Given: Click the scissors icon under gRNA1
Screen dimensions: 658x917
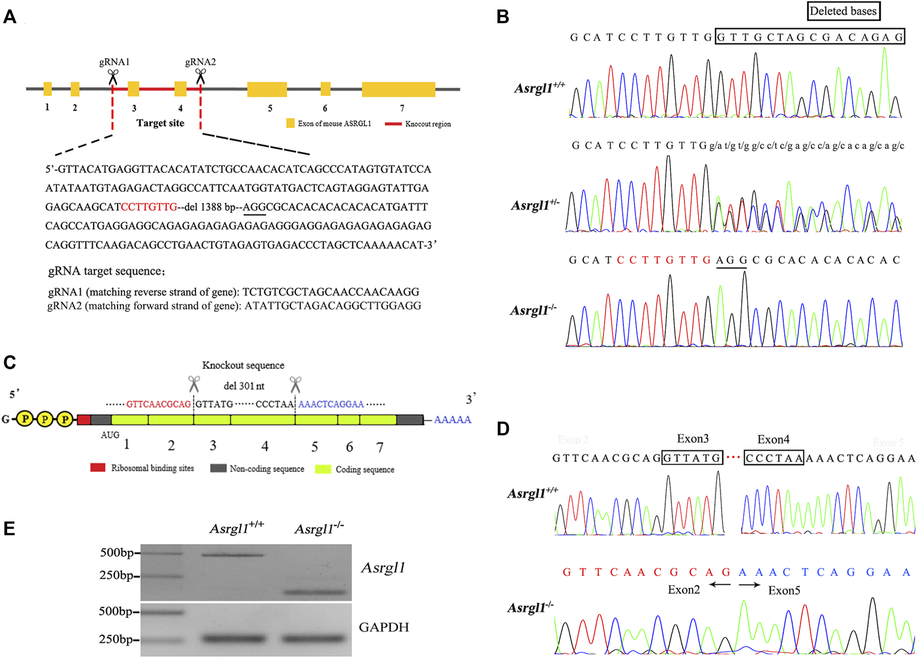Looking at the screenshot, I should [113, 77].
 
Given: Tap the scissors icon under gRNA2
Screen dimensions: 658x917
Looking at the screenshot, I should [200, 77].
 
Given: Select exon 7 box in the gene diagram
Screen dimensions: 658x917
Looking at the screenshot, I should [398, 89].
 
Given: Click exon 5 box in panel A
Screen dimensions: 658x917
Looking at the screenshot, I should [267, 89].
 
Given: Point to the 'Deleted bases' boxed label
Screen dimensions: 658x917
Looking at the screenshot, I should [843, 11].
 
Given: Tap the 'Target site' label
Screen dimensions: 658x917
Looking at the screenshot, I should [160, 123].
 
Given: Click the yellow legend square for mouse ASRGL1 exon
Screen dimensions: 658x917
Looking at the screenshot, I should [290, 123].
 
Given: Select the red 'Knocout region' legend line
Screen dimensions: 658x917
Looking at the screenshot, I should [393, 124].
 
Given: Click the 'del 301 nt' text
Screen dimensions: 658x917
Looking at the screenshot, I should [244, 386].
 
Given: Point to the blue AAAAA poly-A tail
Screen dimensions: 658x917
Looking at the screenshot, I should [452, 420].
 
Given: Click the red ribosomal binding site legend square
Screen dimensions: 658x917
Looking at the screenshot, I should [98, 468].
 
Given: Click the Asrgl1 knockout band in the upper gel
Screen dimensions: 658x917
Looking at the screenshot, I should [315, 592].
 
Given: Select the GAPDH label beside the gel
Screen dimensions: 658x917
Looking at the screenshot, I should [383, 627].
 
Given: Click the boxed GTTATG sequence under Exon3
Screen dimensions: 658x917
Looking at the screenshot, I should [692, 458].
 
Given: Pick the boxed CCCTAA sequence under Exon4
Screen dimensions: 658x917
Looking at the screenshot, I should [774, 458].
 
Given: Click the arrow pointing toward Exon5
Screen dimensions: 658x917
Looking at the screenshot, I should [749, 585].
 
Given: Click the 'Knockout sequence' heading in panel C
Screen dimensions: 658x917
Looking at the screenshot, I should [243, 365].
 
